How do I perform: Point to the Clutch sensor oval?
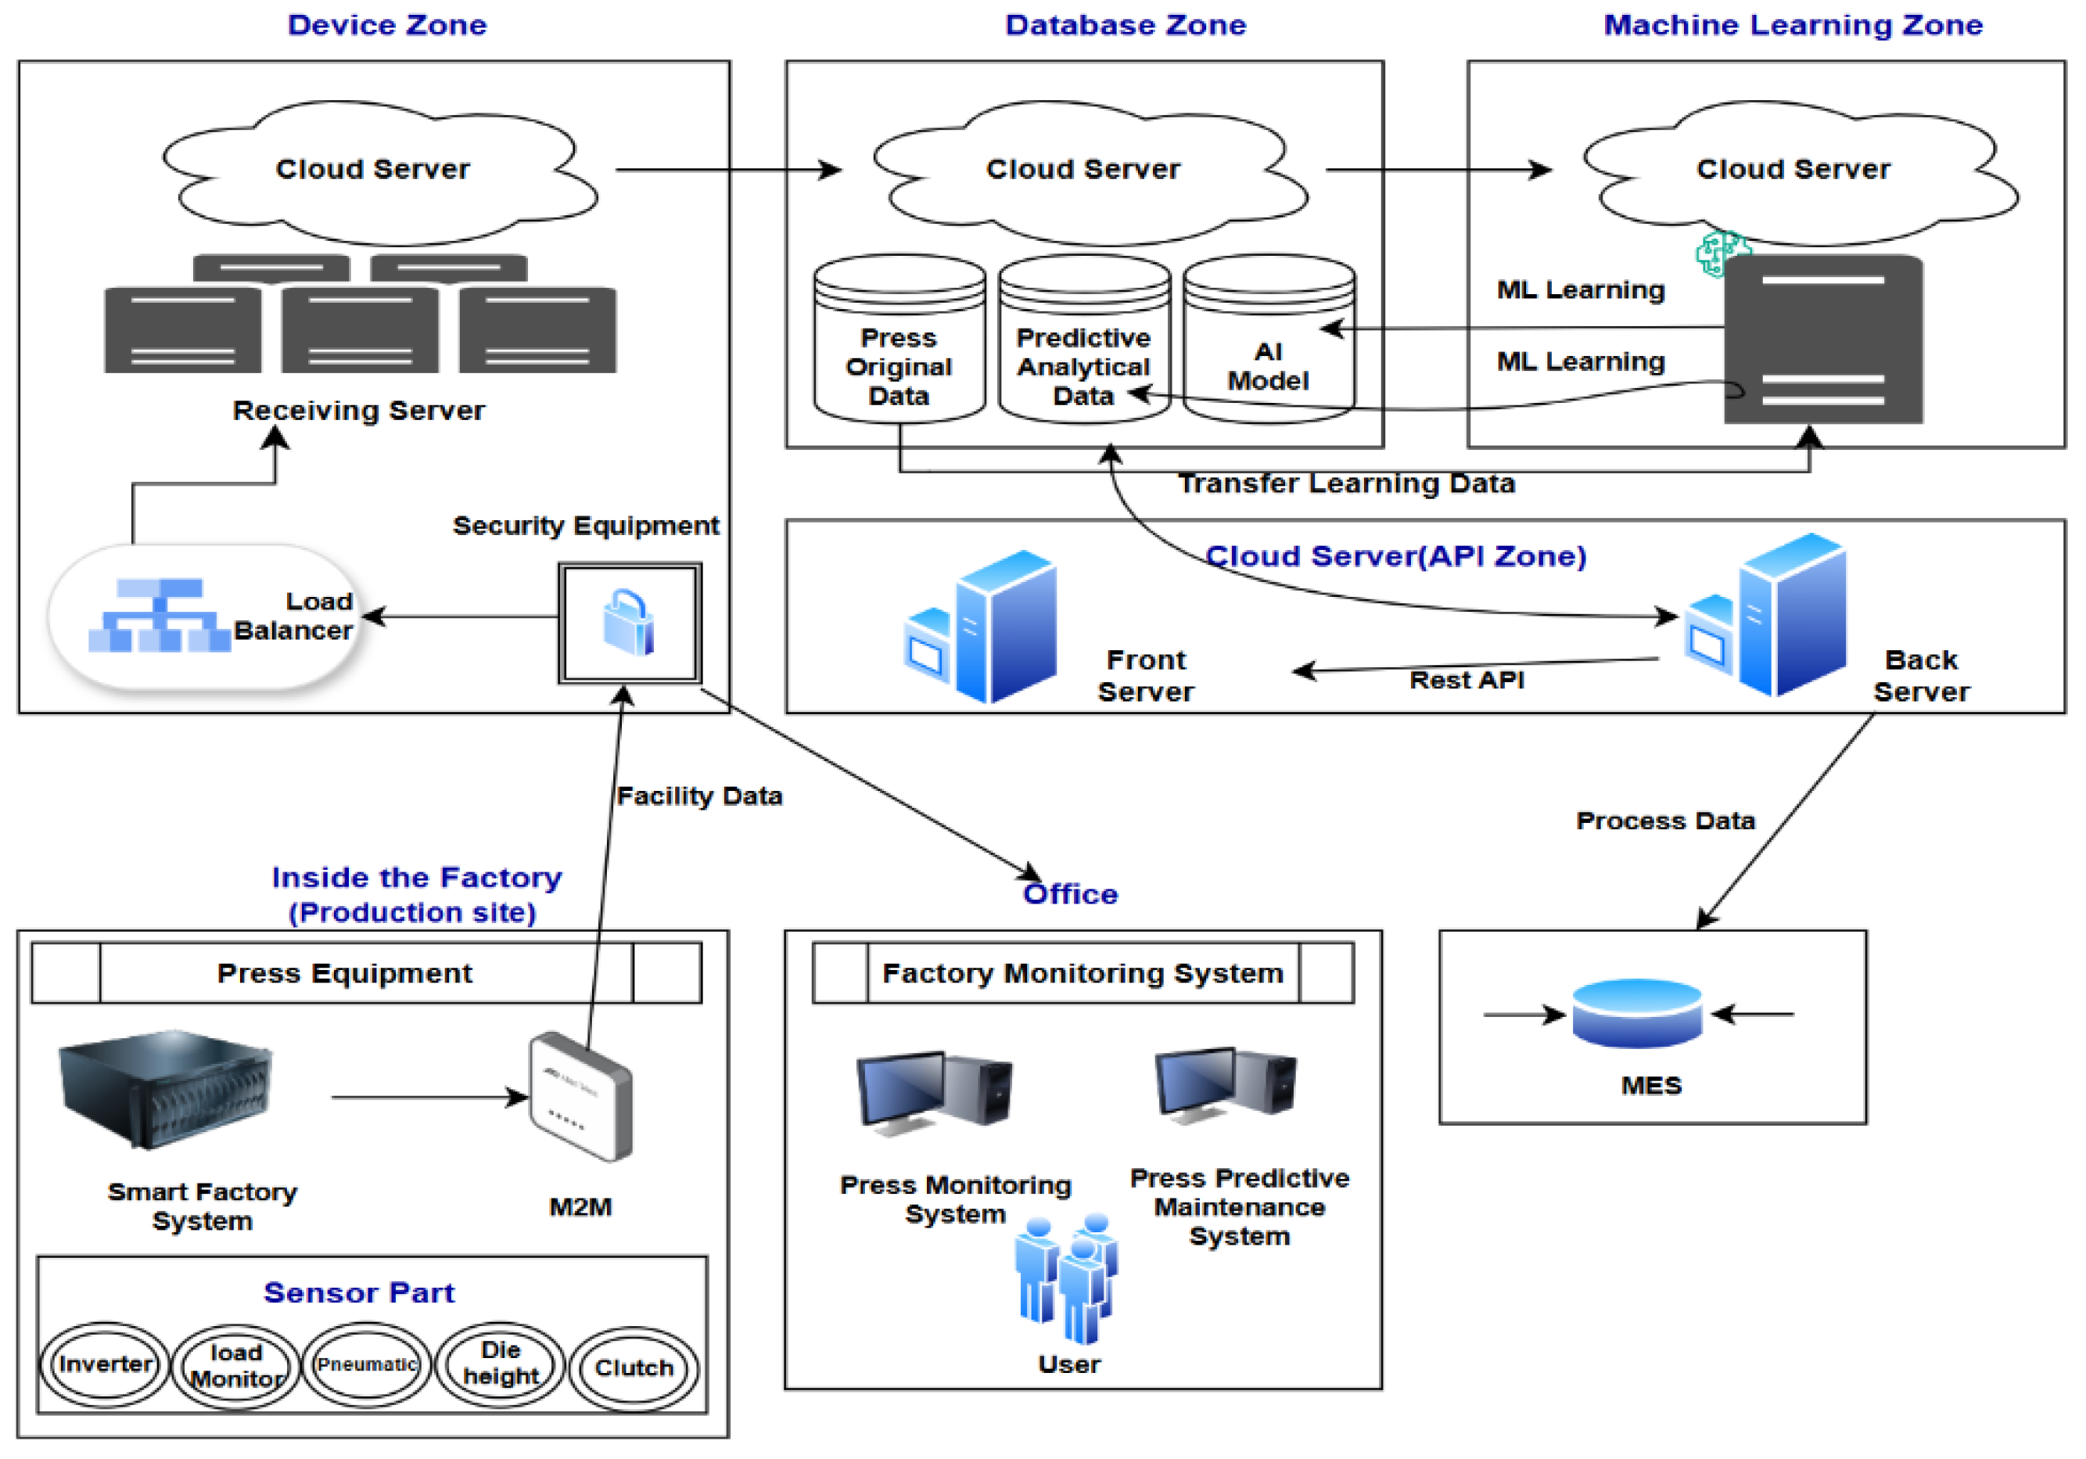634,1368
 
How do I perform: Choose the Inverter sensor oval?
105,1364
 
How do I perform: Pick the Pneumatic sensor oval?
366,1364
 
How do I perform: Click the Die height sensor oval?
501,1364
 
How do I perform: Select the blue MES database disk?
1636,1013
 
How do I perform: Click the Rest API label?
1467,680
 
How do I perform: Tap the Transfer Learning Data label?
1346,483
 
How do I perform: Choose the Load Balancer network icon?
159,615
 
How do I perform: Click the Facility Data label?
699,796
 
